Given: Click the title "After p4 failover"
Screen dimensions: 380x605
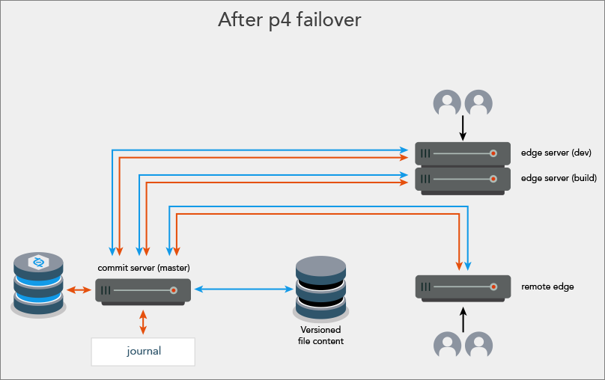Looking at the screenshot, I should [x=289, y=20].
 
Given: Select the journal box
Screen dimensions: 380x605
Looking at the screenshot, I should [x=143, y=351].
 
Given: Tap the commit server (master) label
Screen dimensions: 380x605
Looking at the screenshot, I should [x=143, y=268].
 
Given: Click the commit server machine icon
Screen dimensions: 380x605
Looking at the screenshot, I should [x=143, y=290].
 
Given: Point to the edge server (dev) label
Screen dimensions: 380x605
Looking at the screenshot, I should [x=556, y=153].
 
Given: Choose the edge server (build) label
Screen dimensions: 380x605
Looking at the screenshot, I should [x=558, y=179].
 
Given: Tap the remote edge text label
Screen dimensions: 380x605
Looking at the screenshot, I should [x=547, y=286].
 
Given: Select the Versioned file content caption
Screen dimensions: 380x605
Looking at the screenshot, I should [x=320, y=335].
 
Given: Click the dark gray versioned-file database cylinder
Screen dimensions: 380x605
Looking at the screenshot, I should [x=320, y=288].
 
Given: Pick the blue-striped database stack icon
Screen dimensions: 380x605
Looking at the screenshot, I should [x=38, y=284].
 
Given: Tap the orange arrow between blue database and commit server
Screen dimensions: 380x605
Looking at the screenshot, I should [x=77, y=289].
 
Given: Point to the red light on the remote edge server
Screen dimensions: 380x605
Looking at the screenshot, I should [x=493, y=287].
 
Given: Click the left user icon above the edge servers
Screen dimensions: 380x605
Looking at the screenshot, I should [x=448, y=102].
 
